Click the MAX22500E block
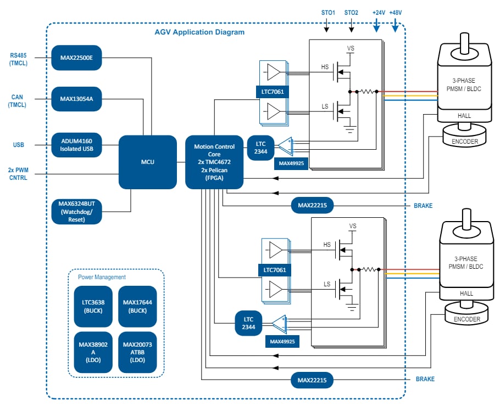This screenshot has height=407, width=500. (76, 57)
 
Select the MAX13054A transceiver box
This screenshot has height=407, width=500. (76, 99)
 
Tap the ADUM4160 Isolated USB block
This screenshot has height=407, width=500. (76, 145)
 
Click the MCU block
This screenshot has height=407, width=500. (147, 162)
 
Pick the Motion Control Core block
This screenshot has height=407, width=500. (214, 162)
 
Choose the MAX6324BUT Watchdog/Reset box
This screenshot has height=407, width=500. (76, 212)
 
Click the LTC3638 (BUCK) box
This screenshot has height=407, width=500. (93, 306)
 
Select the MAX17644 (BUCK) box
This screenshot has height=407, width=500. (137, 306)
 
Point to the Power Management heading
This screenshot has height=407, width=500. (102, 277)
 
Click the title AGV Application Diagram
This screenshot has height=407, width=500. (199, 32)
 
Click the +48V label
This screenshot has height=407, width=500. (395, 12)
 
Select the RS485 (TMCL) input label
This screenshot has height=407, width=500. (18, 59)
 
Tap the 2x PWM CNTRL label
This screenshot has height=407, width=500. (18, 173)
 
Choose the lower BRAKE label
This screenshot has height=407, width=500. (425, 379)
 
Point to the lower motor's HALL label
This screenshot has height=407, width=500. (465, 293)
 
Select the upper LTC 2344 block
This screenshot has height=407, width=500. (260, 147)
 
